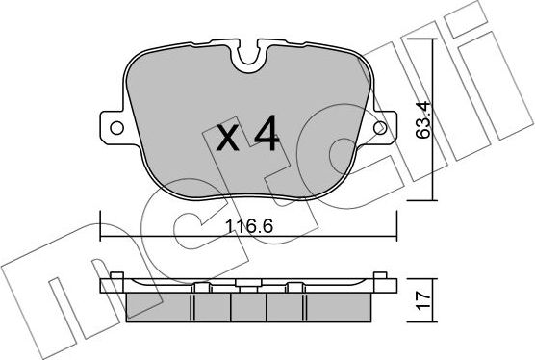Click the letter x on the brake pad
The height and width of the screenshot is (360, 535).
pyautogui.click(x=227, y=140)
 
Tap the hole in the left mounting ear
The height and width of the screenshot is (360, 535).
pyautogui.click(x=115, y=127)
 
